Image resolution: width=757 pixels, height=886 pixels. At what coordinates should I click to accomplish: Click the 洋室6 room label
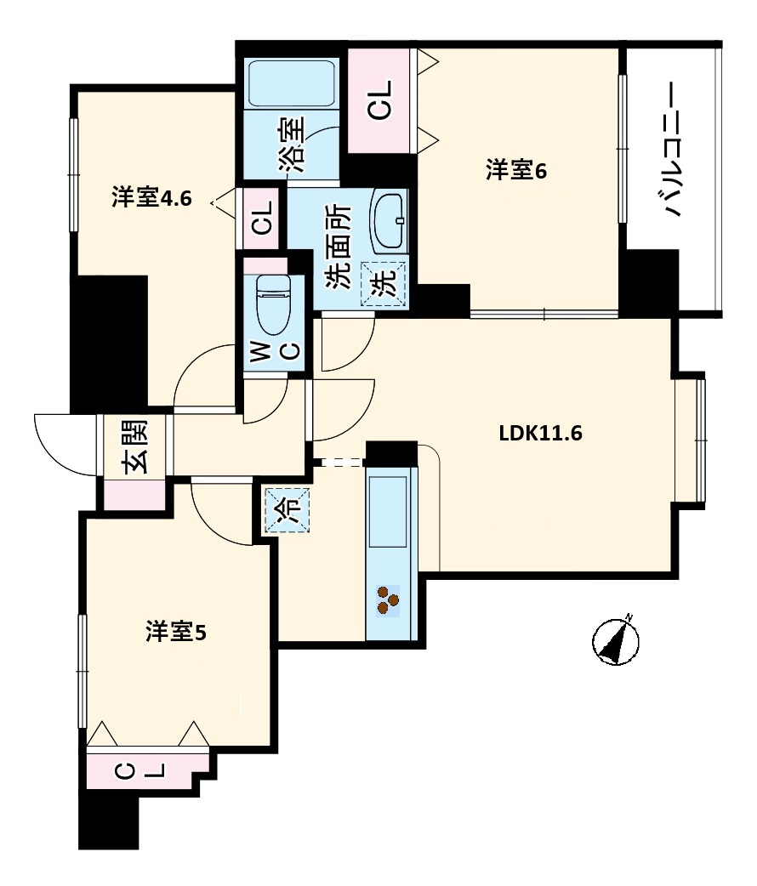(x=515, y=171)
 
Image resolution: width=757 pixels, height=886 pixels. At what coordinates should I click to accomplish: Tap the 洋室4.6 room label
(x=151, y=199)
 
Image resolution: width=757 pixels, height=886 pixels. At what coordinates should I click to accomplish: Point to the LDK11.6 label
(x=540, y=434)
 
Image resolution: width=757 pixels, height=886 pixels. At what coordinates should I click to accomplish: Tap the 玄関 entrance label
(x=136, y=447)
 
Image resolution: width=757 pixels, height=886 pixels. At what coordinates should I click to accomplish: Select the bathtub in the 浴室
(x=291, y=83)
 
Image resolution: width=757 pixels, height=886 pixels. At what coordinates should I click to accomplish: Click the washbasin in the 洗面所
(x=390, y=220)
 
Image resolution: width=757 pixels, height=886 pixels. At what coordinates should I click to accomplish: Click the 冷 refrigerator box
(x=287, y=508)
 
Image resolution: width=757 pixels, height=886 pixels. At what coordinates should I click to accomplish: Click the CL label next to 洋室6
(x=380, y=99)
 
